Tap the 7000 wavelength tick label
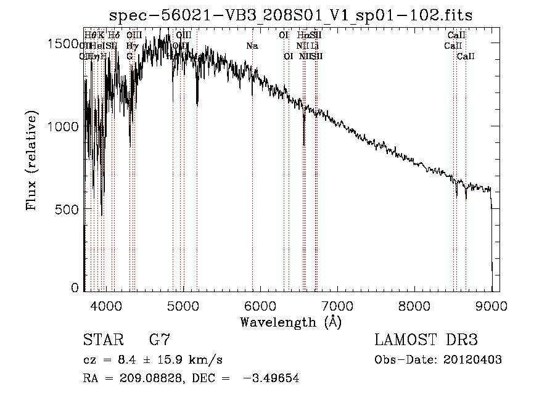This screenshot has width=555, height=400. [337, 305]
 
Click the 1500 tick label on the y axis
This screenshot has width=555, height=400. [64, 44]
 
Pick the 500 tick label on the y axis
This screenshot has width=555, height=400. [68, 210]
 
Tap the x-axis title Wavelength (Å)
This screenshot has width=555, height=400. [291, 322]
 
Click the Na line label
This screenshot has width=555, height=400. [252, 46]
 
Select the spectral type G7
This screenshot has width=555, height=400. [160, 340]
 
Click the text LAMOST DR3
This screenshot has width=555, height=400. [426, 340]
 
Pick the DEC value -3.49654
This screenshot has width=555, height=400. [272, 379]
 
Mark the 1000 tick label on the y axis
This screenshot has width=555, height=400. [64, 126]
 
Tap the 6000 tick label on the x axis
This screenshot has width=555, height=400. [260, 305]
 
